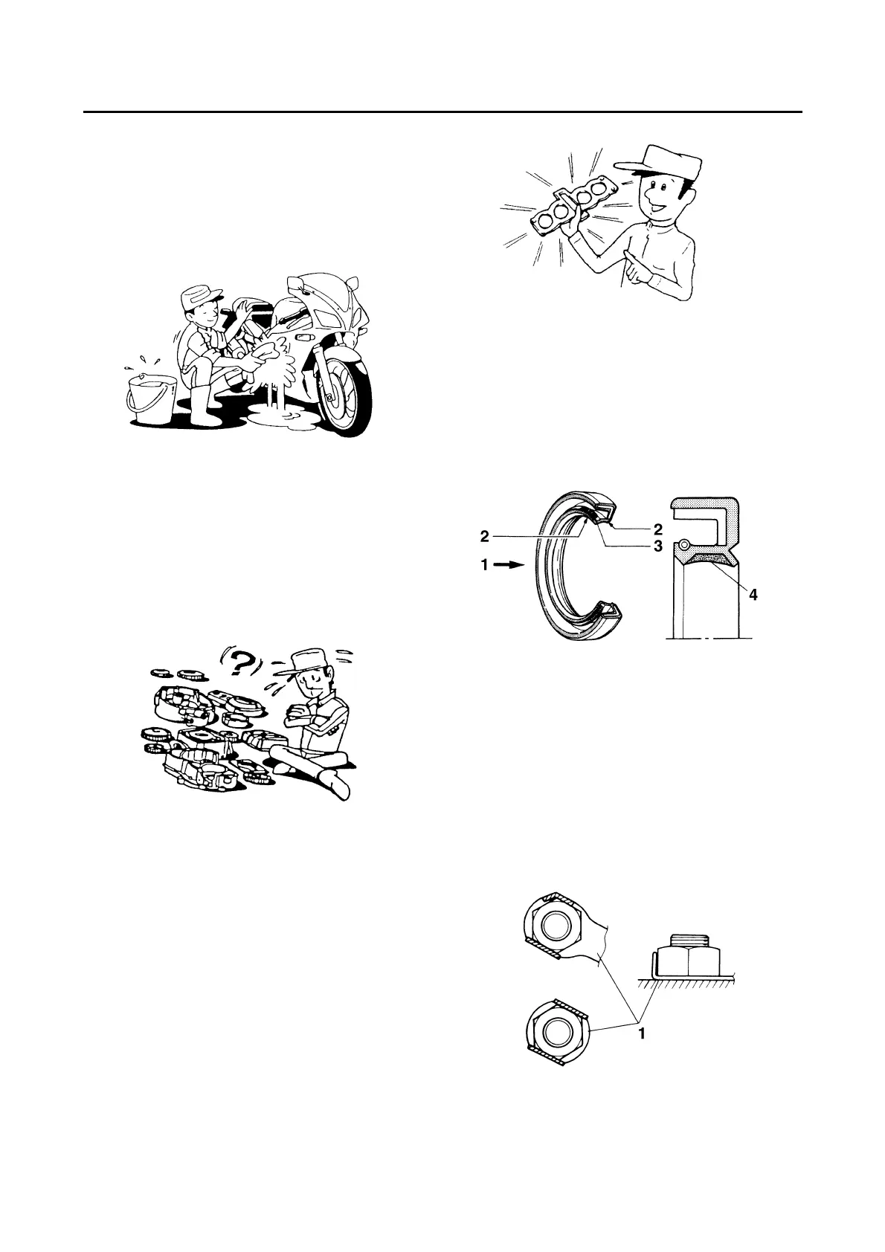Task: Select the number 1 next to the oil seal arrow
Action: pyautogui.click(x=485, y=565)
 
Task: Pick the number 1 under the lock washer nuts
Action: pyautogui.click(x=642, y=1033)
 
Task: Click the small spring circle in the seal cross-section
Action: pyautogui.click(x=683, y=543)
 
